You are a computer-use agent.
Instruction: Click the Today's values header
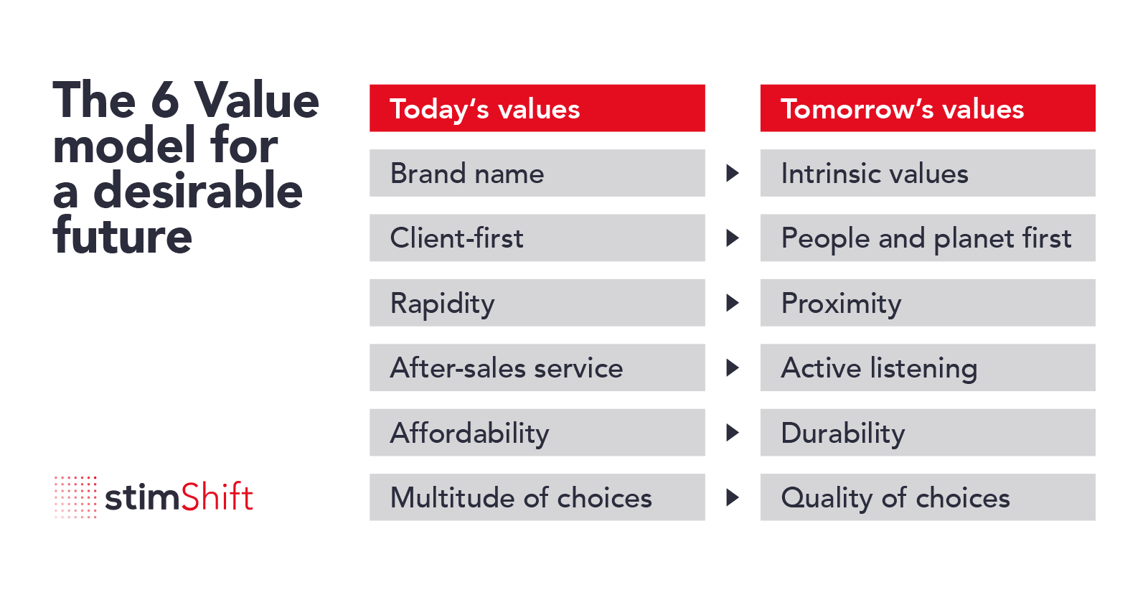pos(537,108)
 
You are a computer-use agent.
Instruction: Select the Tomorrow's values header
pos(927,108)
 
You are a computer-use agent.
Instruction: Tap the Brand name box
pos(537,173)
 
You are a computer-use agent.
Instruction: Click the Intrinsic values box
pos(927,173)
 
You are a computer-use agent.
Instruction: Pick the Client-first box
pos(537,238)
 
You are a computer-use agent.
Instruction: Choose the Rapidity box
pos(537,303)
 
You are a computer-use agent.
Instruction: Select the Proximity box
pos(927,303)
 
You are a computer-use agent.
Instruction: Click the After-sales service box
pos(537,367)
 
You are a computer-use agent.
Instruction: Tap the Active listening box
pos(927,367)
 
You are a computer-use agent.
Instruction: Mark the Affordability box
pos(537,433)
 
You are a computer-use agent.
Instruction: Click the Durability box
pos(927,433)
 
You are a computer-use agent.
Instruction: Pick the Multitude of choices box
pos(537,497)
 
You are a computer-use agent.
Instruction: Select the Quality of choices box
pos(927,497)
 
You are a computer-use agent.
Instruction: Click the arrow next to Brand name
pos(732,173)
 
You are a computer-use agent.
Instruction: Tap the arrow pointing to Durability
pos(732,433)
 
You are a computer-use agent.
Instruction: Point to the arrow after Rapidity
pos(732,303)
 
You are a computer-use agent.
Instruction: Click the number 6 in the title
pos(165,100)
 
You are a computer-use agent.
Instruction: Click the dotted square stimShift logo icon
pos(75,497)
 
